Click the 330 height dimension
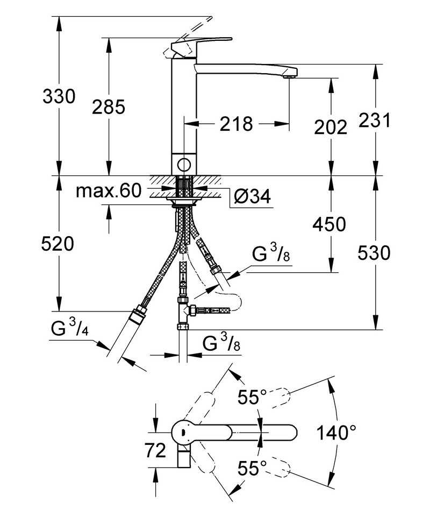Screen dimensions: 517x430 click(x=59, y=97)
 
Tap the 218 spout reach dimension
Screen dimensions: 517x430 click(x=236, y=124)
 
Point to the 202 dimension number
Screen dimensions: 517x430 click(x=330, y=127)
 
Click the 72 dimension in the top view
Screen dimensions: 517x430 click(x=155, y=451)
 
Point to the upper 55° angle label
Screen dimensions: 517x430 click(x=253, y=398)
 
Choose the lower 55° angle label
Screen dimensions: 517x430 click(x=253, y=468)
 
